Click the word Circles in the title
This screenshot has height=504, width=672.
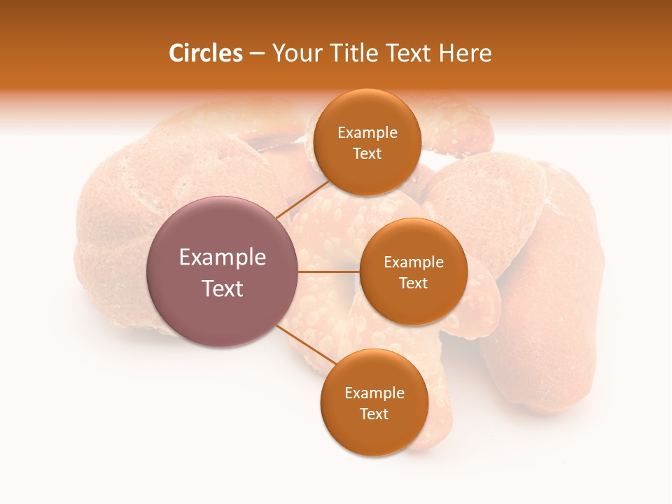205,53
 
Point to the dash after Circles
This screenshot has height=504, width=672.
257,53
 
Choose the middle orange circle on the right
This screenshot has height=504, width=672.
413,301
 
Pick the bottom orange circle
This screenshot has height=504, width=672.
374,434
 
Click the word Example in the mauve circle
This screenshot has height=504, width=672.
223,258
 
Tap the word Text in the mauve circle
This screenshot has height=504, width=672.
223,288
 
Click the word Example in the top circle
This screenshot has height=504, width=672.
367,133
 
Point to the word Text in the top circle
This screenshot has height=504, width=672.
367,154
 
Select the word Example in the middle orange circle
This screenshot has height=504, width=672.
414,262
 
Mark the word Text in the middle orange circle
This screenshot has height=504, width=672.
414,283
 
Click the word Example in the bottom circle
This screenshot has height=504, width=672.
374,393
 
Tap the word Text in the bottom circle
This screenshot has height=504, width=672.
374,414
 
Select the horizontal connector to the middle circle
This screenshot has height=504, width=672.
329,271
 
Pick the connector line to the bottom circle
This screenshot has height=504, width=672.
305,344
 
